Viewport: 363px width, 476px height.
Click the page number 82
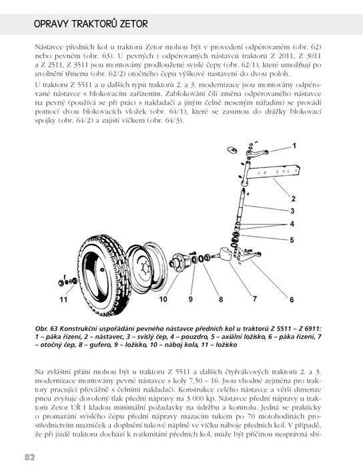coord(30,457)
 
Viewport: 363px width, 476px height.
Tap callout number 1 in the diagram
coord(294,146)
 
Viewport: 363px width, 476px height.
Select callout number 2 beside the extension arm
coord(294,199)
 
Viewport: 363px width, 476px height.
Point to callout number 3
coord(292,211)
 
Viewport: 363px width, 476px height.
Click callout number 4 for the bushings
coord(292,224)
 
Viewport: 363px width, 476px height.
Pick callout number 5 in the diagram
coord(292,240)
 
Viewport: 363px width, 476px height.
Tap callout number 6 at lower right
coord(292,300)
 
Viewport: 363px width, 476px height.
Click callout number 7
coord(254,299)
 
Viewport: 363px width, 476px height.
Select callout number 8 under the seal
coord(221,300)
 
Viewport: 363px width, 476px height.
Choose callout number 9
coord(191,299)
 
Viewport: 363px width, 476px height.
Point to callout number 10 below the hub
coord(163,299)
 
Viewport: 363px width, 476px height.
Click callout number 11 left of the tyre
coord(63,300)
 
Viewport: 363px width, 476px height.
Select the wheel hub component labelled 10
coord(179,262)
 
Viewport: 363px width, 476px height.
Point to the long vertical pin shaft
coord(241,205)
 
